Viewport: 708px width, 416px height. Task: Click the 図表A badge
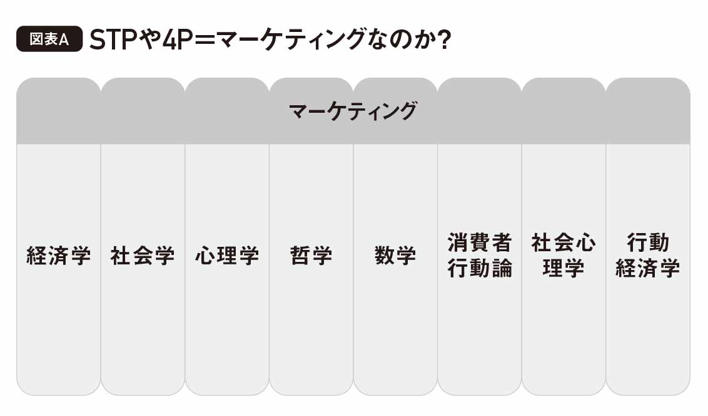point(49,39)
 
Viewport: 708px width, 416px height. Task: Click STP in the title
point(113,40)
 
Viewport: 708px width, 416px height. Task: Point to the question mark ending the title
point(444,40)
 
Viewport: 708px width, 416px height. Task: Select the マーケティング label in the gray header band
point(353,111)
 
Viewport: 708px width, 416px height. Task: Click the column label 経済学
point(59,256)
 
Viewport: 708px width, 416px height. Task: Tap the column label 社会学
point(143,256)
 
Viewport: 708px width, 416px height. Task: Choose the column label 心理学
point(227,256)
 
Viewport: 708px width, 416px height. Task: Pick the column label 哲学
point(311,256)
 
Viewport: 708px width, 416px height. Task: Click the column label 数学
point(395,256)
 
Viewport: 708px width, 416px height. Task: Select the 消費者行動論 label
point(480,256)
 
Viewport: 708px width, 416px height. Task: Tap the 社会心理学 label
point(564,256)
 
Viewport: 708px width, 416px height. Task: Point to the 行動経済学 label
point(648,256)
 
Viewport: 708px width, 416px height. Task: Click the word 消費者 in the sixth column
point(480,243)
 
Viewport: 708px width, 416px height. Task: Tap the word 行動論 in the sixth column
point(480,268)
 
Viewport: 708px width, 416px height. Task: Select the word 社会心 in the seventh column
point(564,243)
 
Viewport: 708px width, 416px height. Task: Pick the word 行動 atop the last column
point(648,243)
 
